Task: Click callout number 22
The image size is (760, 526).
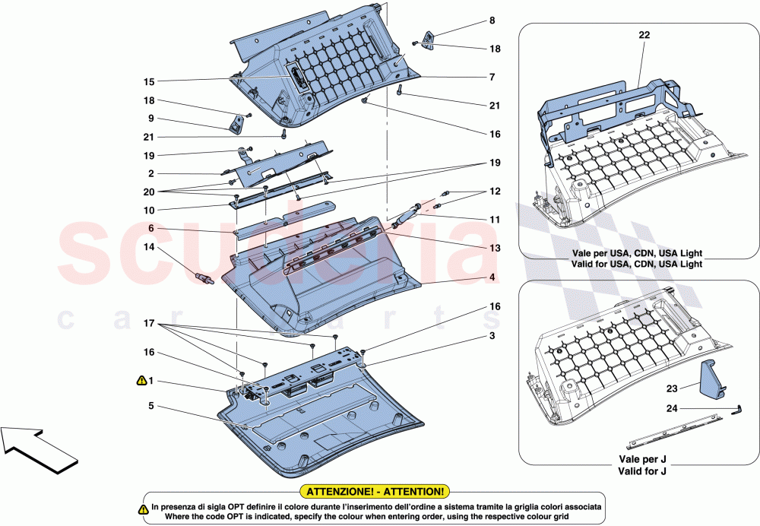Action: [x=644, y=35]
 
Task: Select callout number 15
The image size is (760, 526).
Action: [x=149, y=81]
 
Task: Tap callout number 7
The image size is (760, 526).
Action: [x=492, y=77]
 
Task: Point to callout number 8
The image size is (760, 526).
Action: [x=492, y=21]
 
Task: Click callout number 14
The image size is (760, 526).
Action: [x=149, y=247]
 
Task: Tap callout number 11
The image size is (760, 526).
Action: [x=495, y=220]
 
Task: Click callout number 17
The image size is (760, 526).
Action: [x=149, y=322]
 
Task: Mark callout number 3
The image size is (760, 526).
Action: [x=492, y=335]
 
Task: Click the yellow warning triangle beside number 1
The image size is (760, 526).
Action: [x=141, y=379]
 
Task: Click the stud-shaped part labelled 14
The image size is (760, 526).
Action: [x=204, y=277]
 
